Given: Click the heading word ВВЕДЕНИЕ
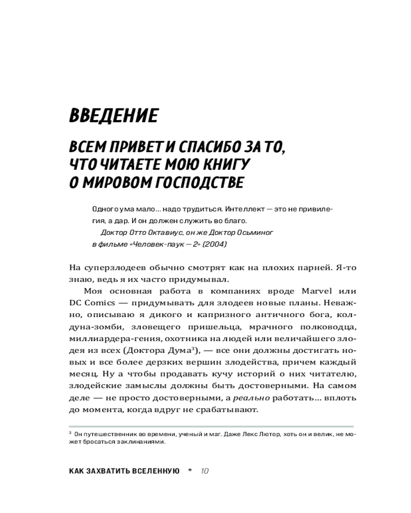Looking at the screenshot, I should tap(114, 116).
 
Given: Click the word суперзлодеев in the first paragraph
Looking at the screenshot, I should tap(115, 268).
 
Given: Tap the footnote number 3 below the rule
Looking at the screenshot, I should tap(70, 433).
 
